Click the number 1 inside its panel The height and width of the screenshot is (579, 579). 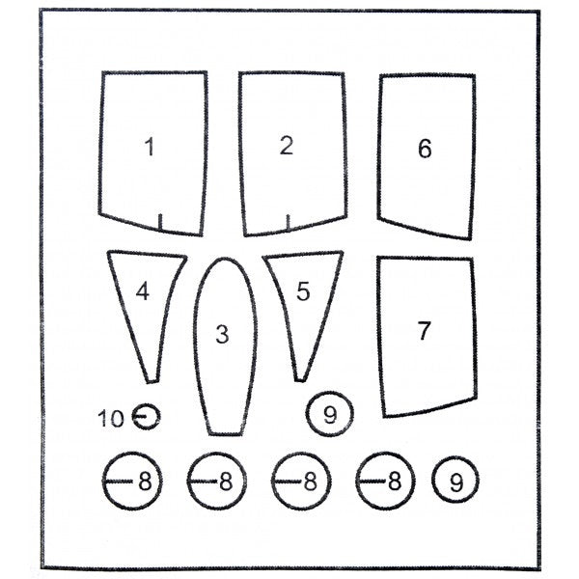point(150,147)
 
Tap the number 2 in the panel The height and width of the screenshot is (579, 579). point(287,145)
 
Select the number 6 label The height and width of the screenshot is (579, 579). point(425,149)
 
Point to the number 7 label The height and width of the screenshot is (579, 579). point(424,330)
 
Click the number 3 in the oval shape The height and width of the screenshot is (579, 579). point(222,334)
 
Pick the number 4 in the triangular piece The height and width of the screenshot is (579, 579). point(142,291)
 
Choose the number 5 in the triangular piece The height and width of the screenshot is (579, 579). point(303,291)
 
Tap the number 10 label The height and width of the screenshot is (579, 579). point(110,419)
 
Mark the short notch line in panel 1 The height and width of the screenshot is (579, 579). point(160,222)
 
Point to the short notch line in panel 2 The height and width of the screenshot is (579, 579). point(288,223)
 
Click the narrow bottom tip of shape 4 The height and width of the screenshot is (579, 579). point(152,381)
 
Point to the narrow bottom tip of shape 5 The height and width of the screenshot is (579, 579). point(300,379)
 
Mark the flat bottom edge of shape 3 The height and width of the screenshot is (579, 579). point(225,433)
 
